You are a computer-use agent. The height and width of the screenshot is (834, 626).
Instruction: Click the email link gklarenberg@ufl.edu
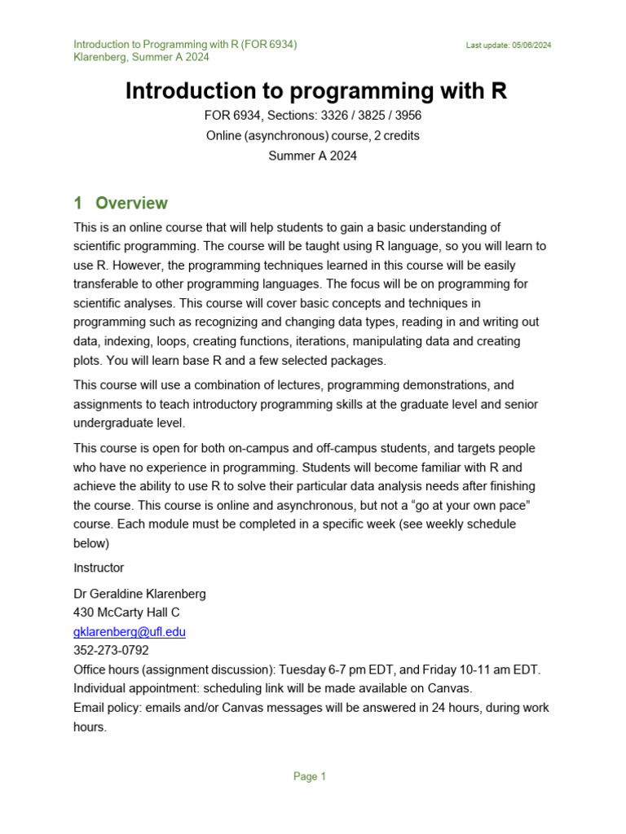130,631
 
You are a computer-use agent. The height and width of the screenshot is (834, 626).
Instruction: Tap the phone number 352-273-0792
111,650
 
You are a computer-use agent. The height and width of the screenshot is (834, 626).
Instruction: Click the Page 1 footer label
310,776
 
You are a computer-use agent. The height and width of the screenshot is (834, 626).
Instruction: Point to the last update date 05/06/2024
532,46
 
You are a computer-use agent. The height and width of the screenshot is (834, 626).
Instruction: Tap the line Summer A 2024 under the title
313,156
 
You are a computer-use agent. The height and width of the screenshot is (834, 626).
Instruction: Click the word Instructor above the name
99,567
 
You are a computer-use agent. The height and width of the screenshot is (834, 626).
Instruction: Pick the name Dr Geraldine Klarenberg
139,594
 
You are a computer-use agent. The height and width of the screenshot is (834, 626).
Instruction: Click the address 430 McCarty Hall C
126,612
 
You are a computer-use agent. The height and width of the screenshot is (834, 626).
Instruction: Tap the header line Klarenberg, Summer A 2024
141,57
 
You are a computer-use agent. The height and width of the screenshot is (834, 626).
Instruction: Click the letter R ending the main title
498,91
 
